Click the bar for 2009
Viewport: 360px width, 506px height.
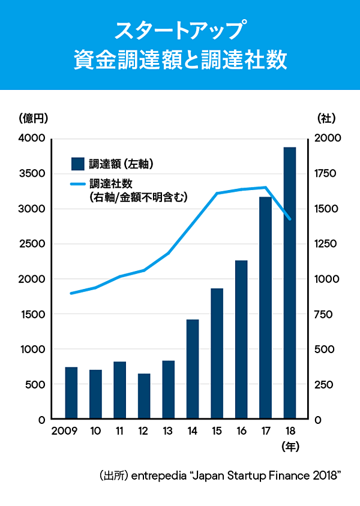tap(71, 393)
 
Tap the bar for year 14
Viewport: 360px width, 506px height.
tap(193, 369)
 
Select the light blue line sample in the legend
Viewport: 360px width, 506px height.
tap(77, 184)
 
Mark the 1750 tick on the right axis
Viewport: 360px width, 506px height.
tap(328, 174)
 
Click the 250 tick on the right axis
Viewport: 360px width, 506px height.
tap(325, 384)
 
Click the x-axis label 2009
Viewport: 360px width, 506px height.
tap(64, 431)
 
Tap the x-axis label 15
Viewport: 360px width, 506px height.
tap(217, 431)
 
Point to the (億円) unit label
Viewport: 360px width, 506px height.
tap(34, 118)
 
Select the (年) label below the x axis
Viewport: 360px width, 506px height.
tap(290, 447)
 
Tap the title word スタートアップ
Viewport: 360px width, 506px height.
tap(180, 29)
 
